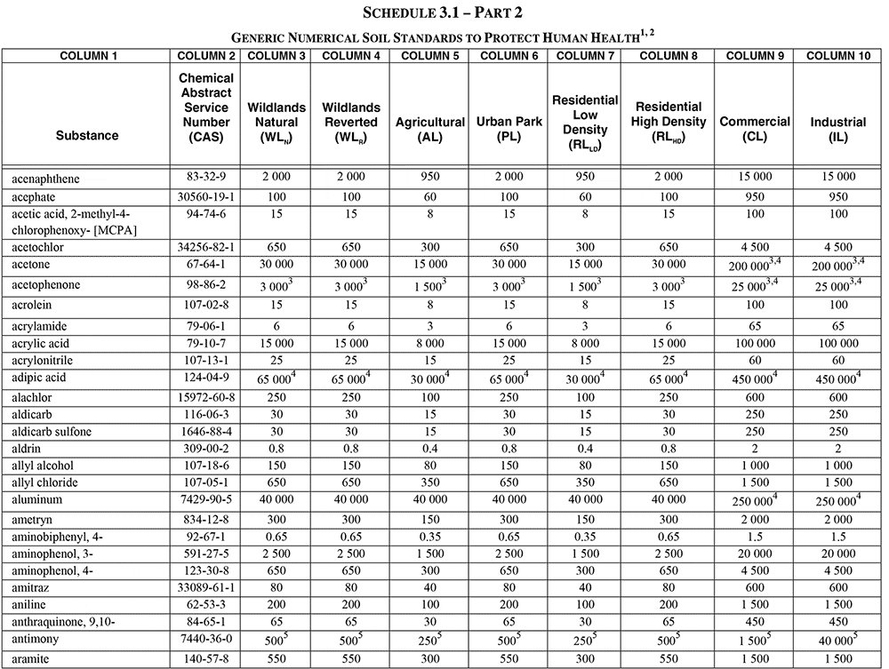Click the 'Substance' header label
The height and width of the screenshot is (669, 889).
pos(87,136)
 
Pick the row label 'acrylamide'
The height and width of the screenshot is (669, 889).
pos(39,326)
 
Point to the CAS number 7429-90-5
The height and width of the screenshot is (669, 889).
pos(206,500)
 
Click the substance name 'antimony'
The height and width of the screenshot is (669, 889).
pos(36,639)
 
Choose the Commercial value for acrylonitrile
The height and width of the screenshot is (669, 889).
pos(755,360)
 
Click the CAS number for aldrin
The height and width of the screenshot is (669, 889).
pos(206,449)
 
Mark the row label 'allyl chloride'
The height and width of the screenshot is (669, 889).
pos(44,482)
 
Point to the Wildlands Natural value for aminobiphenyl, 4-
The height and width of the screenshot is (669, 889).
pos(276,537)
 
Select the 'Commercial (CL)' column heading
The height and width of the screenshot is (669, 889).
pos(755,128)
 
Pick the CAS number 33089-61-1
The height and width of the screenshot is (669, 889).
pos(206,587)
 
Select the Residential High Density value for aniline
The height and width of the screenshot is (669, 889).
pos(669,605)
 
